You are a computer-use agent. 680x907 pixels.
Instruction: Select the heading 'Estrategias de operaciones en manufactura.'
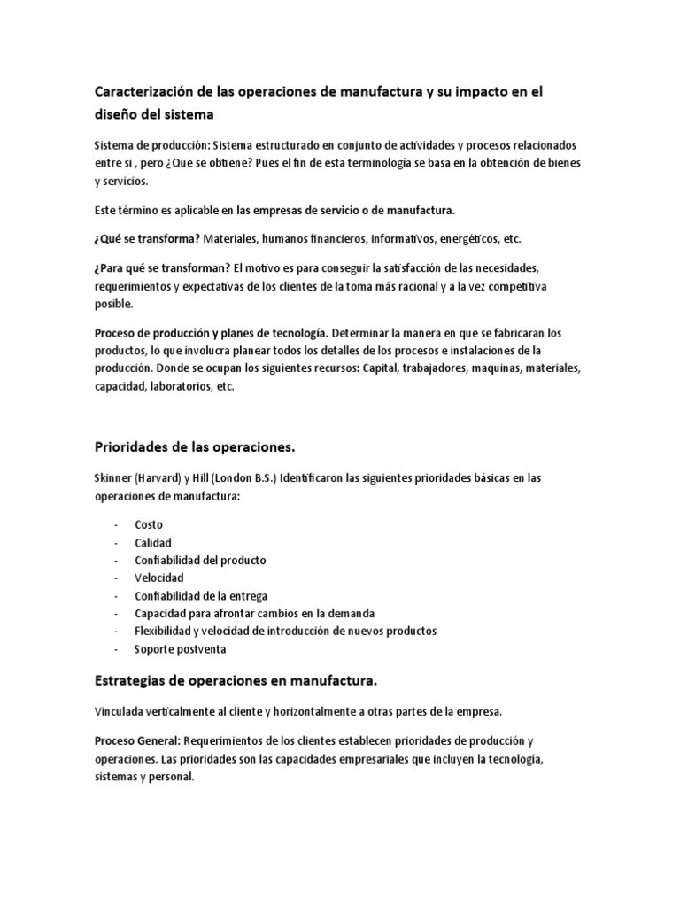[x=236, y=680]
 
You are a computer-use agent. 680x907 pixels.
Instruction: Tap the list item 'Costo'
[x=149, y=524]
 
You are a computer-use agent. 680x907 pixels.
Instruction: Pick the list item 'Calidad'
[x=153, y=542]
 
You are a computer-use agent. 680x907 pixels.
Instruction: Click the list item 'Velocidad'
[x=159, y=578]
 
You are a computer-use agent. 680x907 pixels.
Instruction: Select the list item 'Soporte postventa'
[x=180, y=648]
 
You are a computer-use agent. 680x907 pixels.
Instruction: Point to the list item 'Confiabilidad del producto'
[x=200, y=560]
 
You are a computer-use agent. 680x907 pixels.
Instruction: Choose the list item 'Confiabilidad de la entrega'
[x=201, y=595]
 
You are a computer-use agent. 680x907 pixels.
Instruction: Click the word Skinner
[x=112, y=477]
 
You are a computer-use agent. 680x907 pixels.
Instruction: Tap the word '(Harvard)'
[x=159, y=477]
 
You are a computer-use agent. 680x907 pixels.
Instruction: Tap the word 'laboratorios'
[x=179, y=387]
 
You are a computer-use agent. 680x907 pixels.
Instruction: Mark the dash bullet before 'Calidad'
[x=116, y=542]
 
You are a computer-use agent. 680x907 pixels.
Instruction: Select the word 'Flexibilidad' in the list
[x=166, y=631]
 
